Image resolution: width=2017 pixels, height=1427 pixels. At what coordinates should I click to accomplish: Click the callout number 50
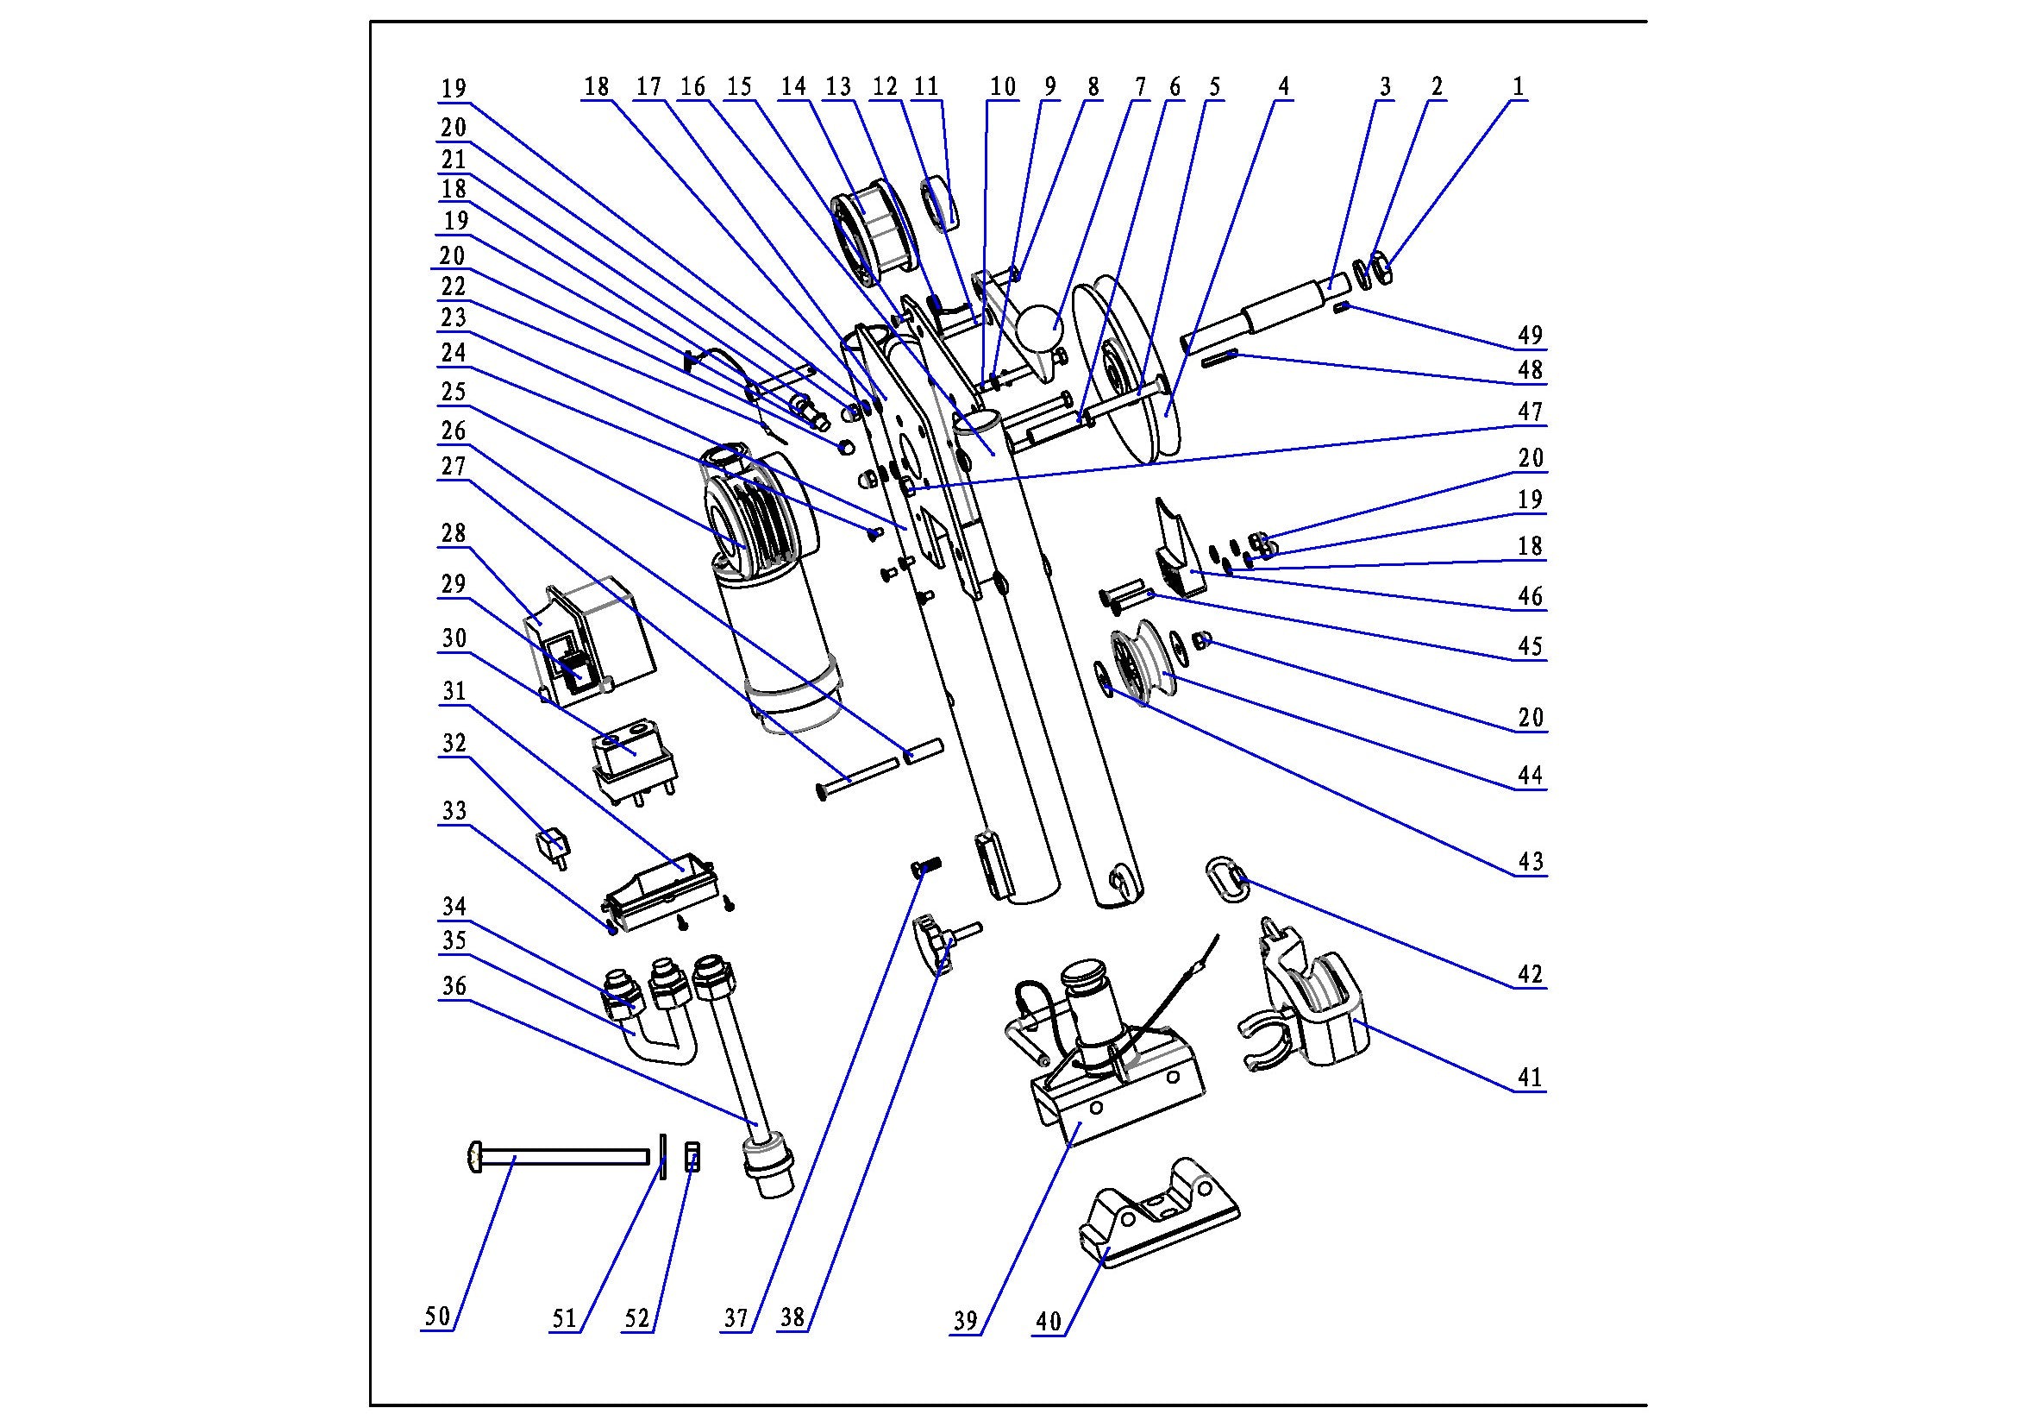[437, 1317]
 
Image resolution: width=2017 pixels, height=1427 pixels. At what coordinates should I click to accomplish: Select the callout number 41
[1530, 1078]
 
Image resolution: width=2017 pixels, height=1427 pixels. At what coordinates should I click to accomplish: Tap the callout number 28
[454, 533]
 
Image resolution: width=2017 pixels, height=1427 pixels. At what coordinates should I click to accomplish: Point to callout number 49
[1530, 335]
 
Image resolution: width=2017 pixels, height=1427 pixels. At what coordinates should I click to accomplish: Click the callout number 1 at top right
[1517, 86]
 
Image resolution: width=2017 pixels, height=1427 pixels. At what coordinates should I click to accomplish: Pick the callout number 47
[1530, 412]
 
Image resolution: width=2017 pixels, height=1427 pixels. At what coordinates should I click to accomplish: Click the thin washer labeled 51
[663, 1157]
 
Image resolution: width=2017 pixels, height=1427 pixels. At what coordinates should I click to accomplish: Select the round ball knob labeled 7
[1041, 327]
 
